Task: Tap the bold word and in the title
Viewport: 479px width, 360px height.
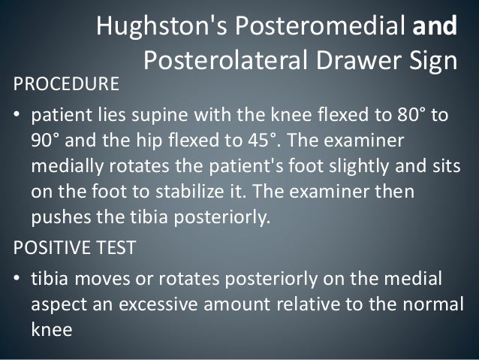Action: [435, 27]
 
